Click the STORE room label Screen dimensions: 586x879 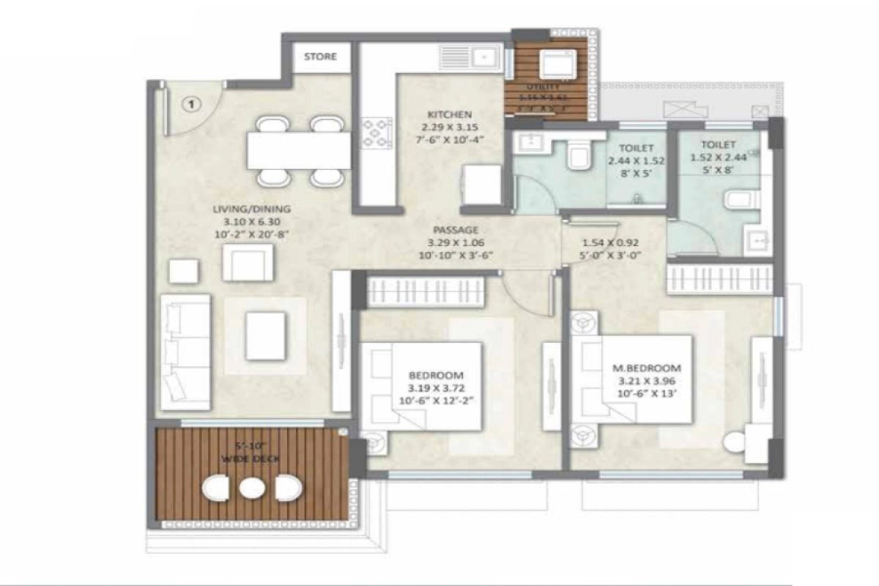pos(320,56)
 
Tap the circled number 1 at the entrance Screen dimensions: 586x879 pos(191,105)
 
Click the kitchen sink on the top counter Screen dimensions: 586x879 pos(483,56)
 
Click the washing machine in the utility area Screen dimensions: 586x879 pos(555,64)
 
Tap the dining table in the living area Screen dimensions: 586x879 pos(297,150)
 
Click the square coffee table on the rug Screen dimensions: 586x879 pos(265,335)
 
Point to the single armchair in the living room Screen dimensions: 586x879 pos(248,262)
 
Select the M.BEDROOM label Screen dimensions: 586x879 pos(646,368)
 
